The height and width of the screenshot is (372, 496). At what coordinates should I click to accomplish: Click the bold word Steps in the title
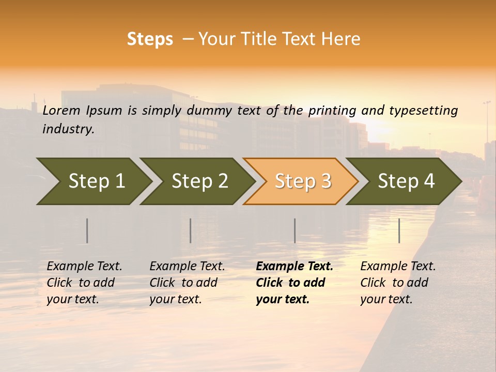point(150,39)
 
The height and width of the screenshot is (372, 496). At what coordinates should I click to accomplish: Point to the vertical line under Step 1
point(87,230)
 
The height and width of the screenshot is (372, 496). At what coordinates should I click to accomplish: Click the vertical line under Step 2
point(191,230)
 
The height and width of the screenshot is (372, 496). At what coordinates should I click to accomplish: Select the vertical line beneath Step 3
point(295,230)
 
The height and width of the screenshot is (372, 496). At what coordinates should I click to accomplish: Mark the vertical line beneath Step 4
point(399,230)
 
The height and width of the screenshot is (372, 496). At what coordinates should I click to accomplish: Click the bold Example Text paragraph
point(294,283)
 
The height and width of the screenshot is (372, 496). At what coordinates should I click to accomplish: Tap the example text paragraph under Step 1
point(84,283)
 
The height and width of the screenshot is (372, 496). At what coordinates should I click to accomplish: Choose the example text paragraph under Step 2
point(187,283)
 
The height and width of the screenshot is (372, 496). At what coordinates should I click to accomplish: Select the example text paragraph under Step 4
point(398,283)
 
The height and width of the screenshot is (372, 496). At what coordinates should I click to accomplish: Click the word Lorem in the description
point(61,110)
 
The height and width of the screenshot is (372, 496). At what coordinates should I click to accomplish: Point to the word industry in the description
point(68,129)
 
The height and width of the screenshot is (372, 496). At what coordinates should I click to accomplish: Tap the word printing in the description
point(332,111)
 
